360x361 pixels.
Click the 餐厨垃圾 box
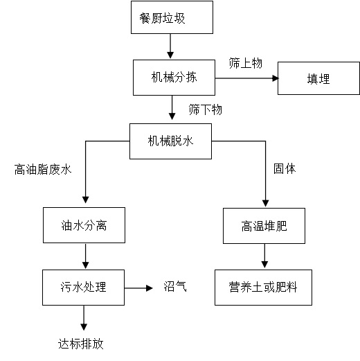[172, 17]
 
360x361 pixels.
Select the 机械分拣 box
[174, 78]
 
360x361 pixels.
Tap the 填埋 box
[318, 78]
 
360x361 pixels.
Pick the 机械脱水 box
[170, 141]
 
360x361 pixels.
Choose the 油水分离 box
[84, 225]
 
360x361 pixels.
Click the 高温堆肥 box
[264, 226]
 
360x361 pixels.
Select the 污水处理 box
[83, 288]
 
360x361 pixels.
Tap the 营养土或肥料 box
[263, 288]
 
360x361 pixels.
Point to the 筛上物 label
[246, 63]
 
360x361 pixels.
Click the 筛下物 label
[206, 109]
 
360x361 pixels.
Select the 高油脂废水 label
[43, 169]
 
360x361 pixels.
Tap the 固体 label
[285, 168]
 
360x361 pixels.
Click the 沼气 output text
[175, 286]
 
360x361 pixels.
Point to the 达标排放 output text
[80, 344]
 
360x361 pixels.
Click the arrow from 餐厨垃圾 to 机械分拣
[170, 46]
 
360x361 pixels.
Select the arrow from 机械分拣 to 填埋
[246, 78]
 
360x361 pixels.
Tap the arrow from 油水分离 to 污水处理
[86, 256]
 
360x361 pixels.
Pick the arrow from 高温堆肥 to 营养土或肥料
[264, 256]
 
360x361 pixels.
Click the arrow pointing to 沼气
[138, 288]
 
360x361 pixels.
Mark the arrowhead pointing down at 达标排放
[84, 327]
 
